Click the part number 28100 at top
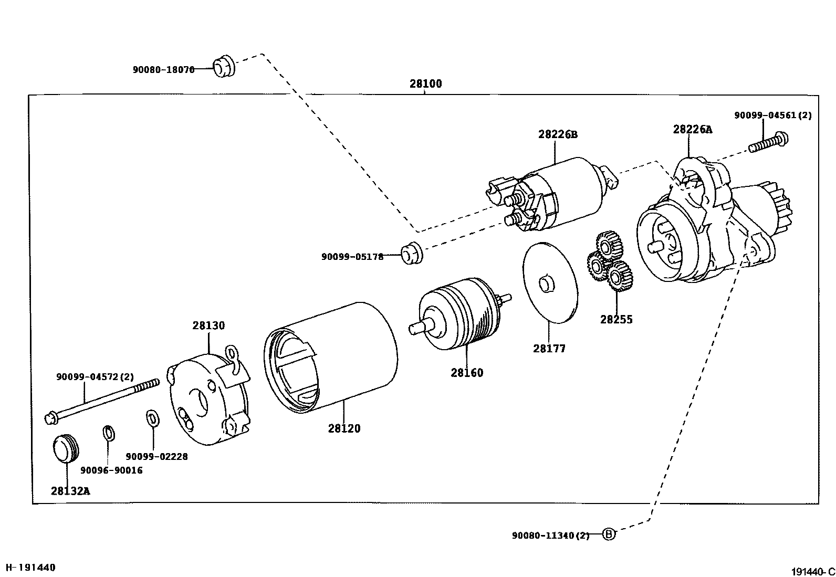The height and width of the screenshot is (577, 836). [426, 83]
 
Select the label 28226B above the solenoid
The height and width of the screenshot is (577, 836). [557, 134]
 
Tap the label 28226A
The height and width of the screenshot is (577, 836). [693, 130]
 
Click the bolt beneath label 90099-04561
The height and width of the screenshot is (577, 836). [768, 143]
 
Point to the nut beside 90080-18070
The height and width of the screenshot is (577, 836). [223, 65]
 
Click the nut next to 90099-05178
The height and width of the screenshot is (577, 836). [412, 254]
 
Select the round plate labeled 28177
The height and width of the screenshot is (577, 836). [550, 282]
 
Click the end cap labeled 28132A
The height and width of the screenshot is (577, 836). [66, 448]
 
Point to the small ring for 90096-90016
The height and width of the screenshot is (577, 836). [108, 434]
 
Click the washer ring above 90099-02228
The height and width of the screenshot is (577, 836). [152, 418]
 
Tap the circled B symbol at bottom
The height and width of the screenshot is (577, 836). [608, 534]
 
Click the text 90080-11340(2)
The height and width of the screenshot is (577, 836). [550, 536]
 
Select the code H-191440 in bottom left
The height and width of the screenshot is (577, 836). [30, 568]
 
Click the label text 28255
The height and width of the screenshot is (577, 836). [616, 319]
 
